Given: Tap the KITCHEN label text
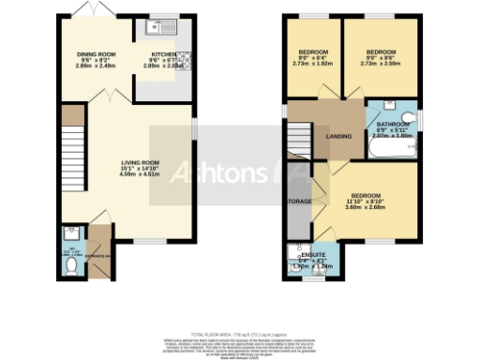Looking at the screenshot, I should coord(164,54).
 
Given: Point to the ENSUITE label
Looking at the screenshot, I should coord(313,255).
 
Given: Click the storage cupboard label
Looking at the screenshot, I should coord(300,200).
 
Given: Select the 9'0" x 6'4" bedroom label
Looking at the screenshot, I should coord(313,52).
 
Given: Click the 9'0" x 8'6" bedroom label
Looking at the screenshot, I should coord(380,52).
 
